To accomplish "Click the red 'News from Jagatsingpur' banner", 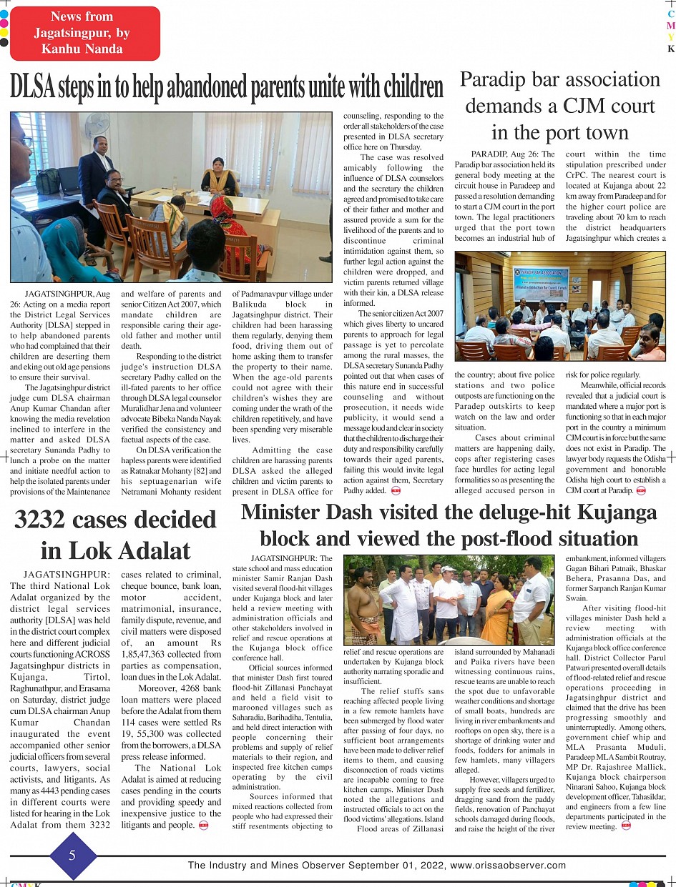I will pyautogui.click(x=85, y=34).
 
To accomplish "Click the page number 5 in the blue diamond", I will pyautogui.click(x=72, y=855).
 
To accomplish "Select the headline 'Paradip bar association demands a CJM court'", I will pyautogui.click(x=559, y=106).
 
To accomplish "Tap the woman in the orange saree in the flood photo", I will pyautogui.click(x=498, y=611).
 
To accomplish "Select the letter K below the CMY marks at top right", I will pyautogui.click(x=670, y=49).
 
